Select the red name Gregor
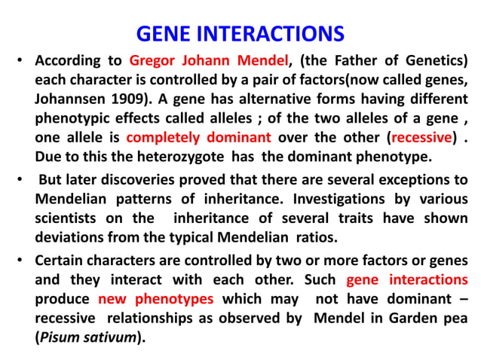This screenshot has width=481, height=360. tap(155, 59)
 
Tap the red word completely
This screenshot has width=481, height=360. tap(164, 138)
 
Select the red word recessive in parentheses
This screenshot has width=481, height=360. tap(421, 138)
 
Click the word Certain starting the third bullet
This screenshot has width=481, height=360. tap(63, 260)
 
